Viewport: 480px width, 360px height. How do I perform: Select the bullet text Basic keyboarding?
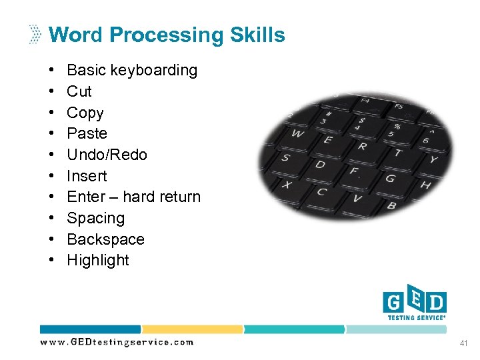(x=132, y=70)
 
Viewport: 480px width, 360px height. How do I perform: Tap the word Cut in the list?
(x=79, y=91)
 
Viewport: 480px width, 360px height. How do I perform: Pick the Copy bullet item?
(x=85, y=113)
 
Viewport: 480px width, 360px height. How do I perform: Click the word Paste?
(x=87, y=133)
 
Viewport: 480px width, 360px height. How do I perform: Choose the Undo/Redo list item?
(x=107, y=155)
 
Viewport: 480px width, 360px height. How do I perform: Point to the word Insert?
(x=87, y=176)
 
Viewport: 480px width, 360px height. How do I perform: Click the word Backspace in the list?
(x=105, y=239)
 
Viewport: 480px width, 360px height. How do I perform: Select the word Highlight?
(x=98, y=260)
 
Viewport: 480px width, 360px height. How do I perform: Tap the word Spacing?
(x=95, y=218)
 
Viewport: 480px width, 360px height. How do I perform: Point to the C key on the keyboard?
(x=321, y=192)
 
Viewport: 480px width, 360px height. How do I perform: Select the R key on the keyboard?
(x=361, y=145)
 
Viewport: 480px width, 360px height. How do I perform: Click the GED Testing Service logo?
(x=414, y=305)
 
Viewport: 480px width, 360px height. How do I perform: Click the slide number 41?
(x=463, y=343)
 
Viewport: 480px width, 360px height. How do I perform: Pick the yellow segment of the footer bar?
(x=192, y=329)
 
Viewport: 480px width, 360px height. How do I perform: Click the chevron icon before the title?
(x=35, y=35)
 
